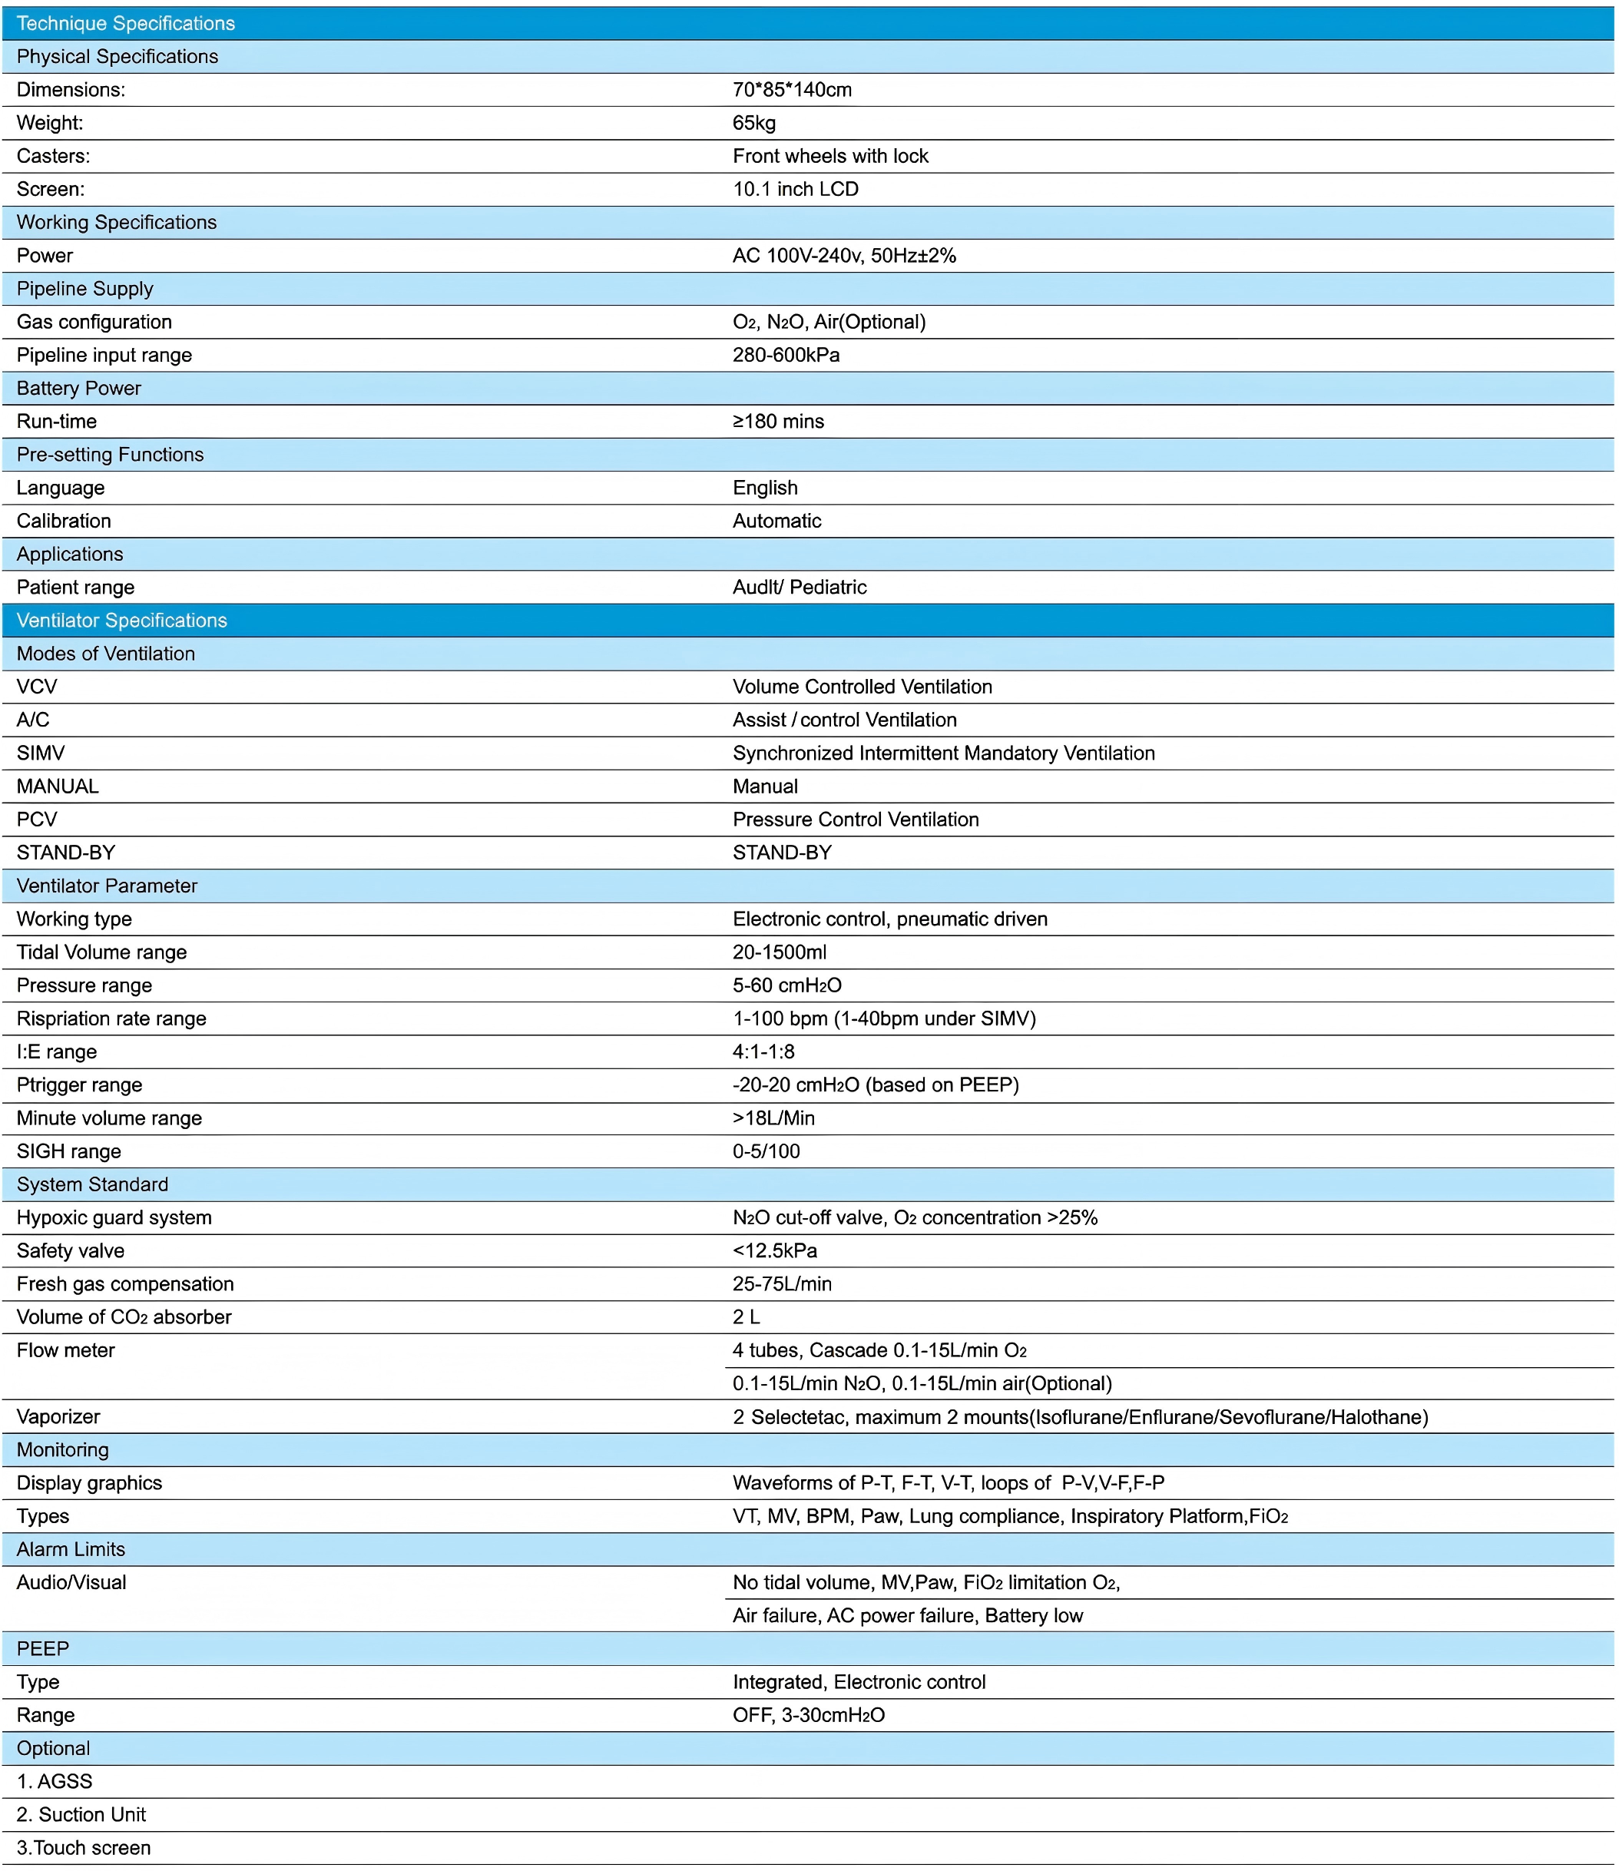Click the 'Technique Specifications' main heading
click(126, 24)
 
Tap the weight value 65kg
click(753, 123)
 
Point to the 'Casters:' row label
click(53, 156)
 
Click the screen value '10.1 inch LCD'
click(795, 189)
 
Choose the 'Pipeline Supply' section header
click(85, 288)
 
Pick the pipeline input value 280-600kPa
click(786, 355)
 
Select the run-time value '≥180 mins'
click(778, 421)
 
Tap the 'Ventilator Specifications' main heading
click(122, 621)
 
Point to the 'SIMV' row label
click(41, 753)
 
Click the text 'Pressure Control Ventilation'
click(856, 820)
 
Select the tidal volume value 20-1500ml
click(779, 952)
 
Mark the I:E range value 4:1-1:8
click(763, 1051)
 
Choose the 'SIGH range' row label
click(68, 1151)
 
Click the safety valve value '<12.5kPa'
click(774, 1250)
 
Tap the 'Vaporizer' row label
click(58, 1416)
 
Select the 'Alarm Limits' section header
click(71, 1549)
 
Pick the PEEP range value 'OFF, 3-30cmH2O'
click(809, 1715)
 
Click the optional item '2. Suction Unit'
click(81, 1814)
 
